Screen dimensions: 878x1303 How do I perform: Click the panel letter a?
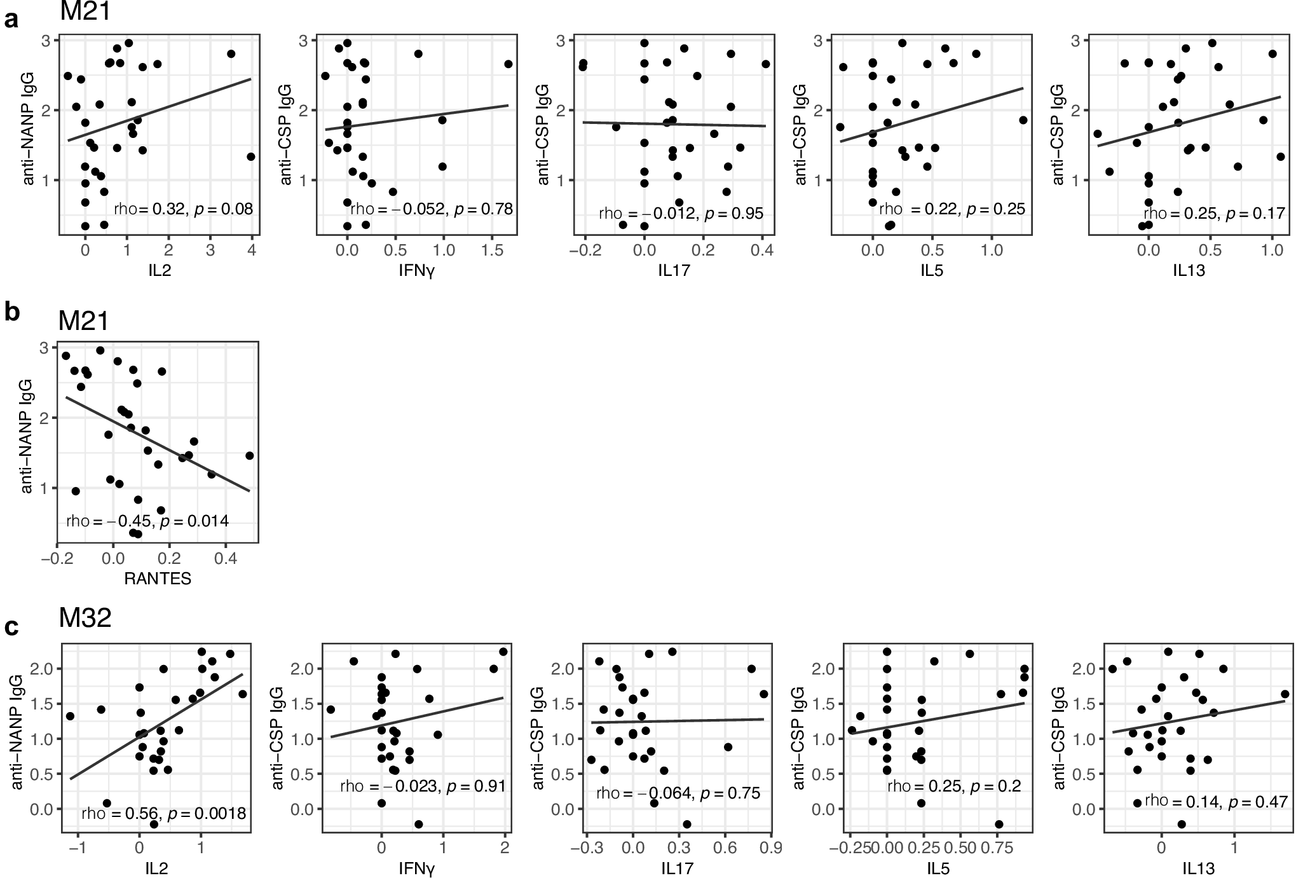pyautogui.click(x=11, y=20)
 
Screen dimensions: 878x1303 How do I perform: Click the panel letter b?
pyautogui.click(x=11, y=313)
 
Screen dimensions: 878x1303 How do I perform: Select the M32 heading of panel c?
pyautogui.click(x=85, y=617)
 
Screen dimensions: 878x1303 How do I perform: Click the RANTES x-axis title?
pyautogui.click(x=158, y=578)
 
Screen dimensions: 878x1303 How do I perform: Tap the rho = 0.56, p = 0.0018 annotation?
pyautogui.click(x=163, y=814)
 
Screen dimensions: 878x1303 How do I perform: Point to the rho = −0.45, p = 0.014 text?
pyautogui.click(x=147, y=521)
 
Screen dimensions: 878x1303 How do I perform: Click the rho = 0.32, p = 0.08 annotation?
pyautogui.click(x=183, y=209)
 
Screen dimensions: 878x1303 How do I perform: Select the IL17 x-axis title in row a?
pyautogui.click(x=674, y=271)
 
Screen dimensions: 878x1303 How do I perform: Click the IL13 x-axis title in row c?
pyautogui.click(x=1197, y=868)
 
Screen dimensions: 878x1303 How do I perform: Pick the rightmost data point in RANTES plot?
pyautogui.click(x=249, y=456)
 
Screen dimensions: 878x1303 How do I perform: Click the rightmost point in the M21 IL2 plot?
pyautogui.click(x=251, y=156)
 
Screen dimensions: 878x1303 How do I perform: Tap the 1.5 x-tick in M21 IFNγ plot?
pyautogui.click(x=492, y=250)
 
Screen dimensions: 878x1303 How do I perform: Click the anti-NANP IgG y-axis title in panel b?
pyautogui.click(x=27, y=436)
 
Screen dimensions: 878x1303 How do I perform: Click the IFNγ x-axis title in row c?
pyautogui.click(x=416, y=868)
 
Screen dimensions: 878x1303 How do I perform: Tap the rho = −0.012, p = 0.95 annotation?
pyautogui.click(x=681, y=214)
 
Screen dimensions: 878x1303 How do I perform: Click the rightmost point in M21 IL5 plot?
pyautogui.click(x=1023, y=120)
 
